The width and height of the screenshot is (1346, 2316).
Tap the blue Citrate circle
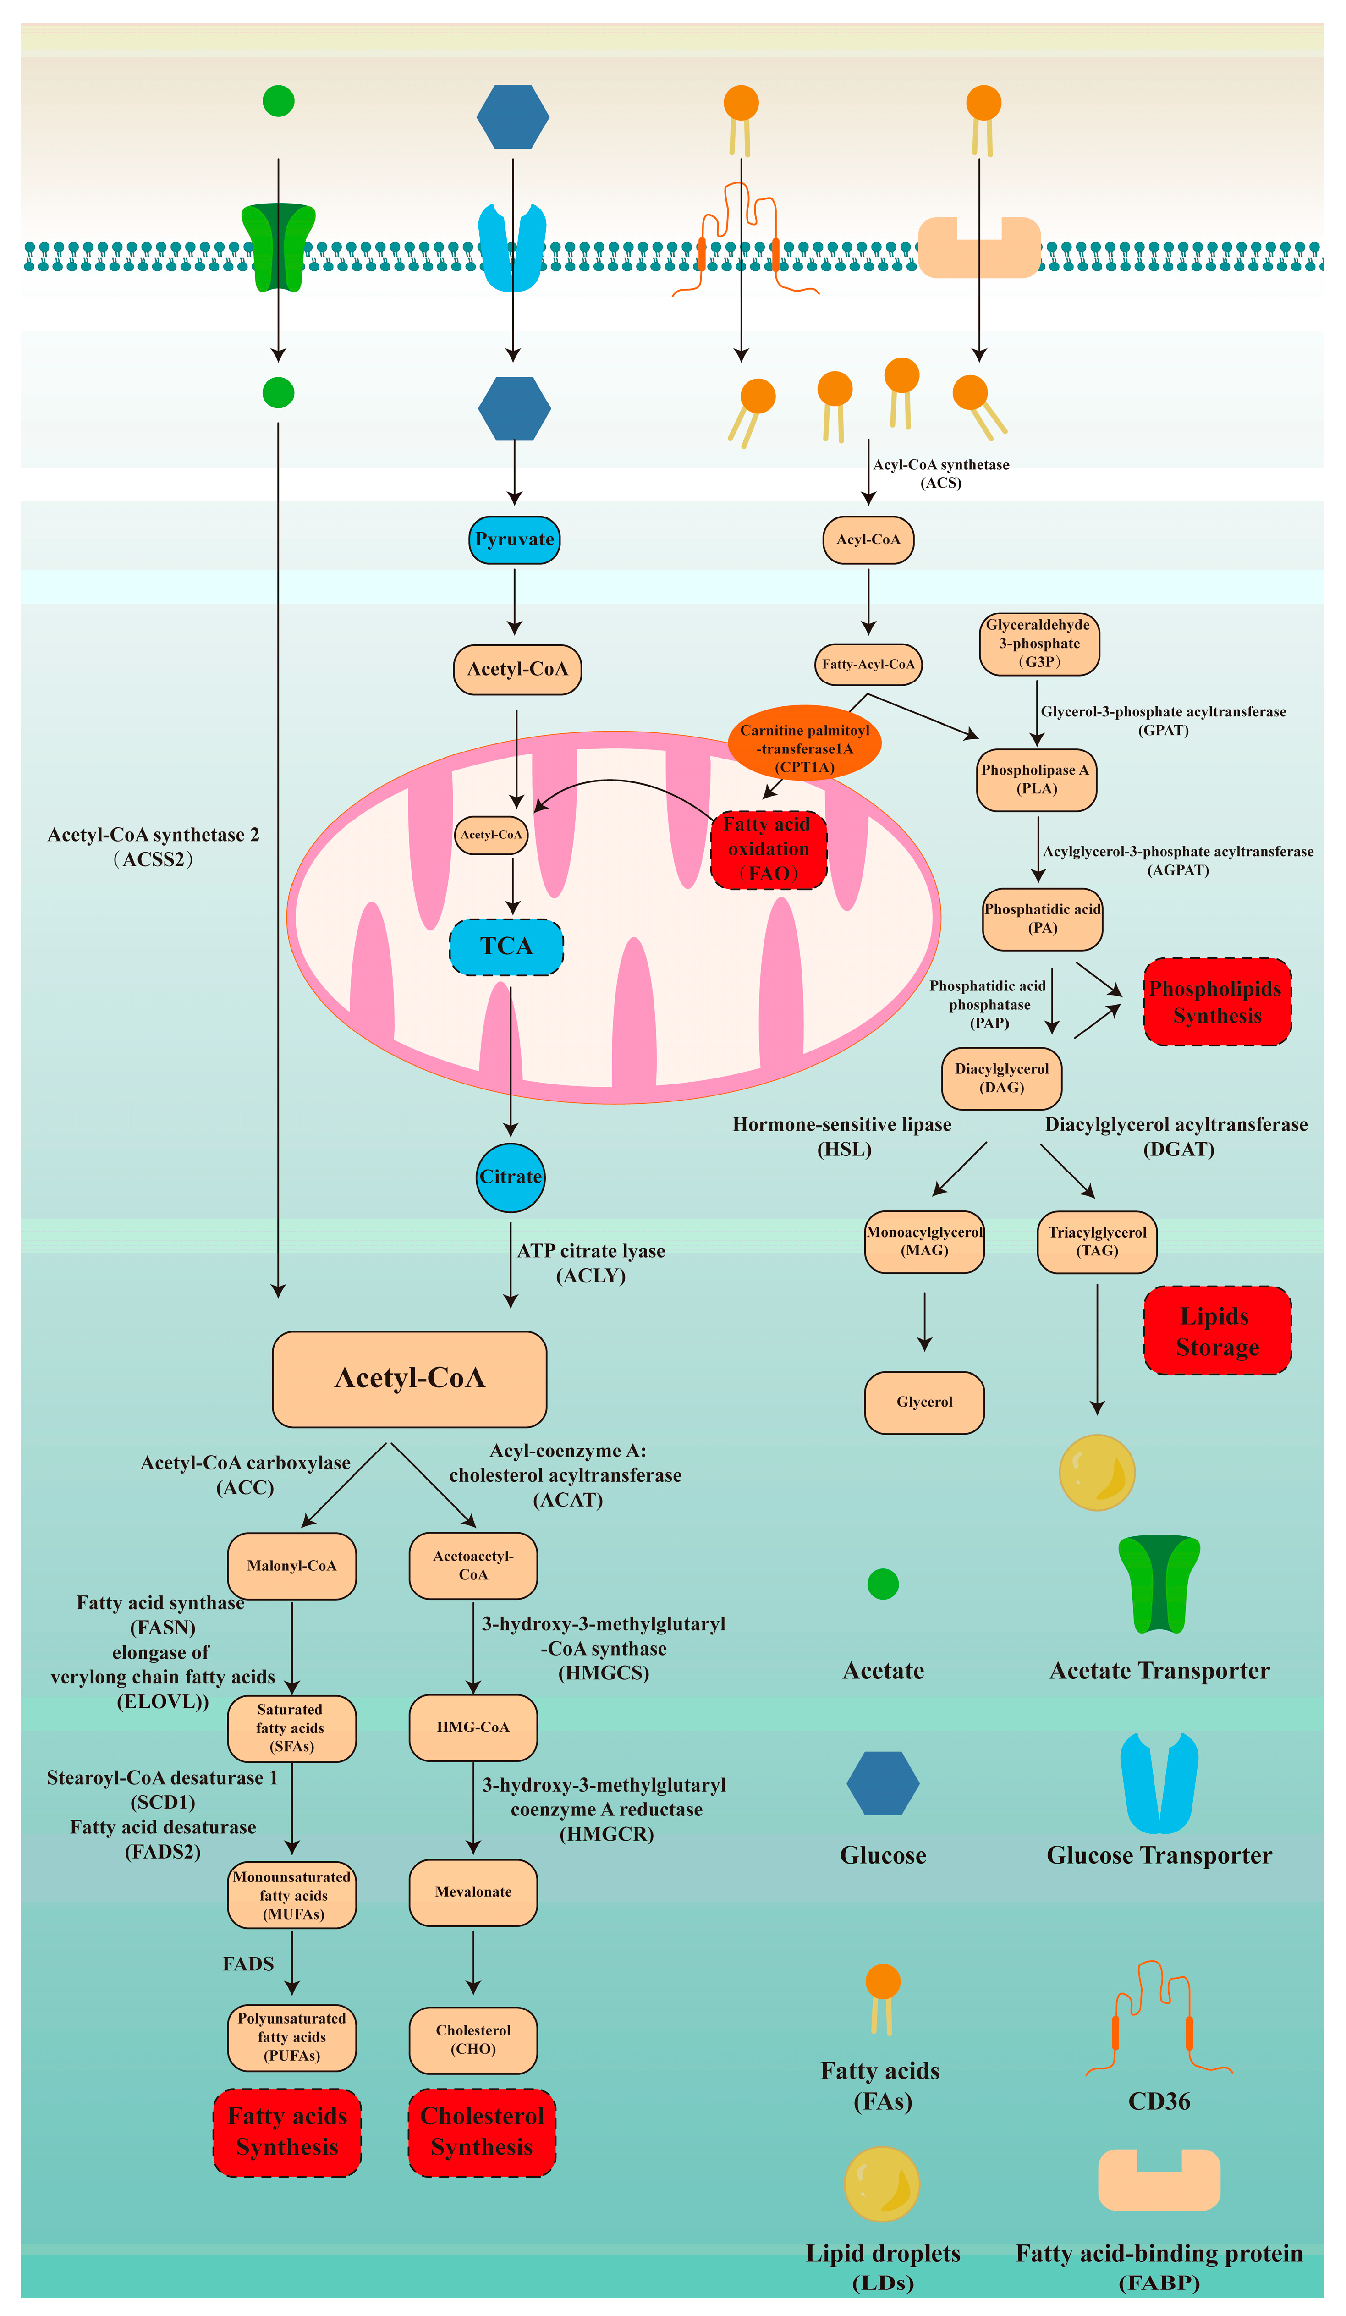pyautogui.click(x=511, y=1177)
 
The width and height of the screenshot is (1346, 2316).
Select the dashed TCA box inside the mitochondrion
pyautogui.click(x=506, y=946)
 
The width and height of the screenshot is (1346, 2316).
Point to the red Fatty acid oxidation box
pyautogui.click(x=769, y=849)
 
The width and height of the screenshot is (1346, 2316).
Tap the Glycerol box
pyautogui.click(x=924, y=1403)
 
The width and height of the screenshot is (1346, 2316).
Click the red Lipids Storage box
pyautogui.click(x=1217, y=1331)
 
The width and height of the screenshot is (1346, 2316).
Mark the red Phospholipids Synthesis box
pyautogui.click(x=1217, y=1002)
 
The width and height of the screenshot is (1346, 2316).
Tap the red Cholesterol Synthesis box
pyautogui.click(x=483, y=2132)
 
